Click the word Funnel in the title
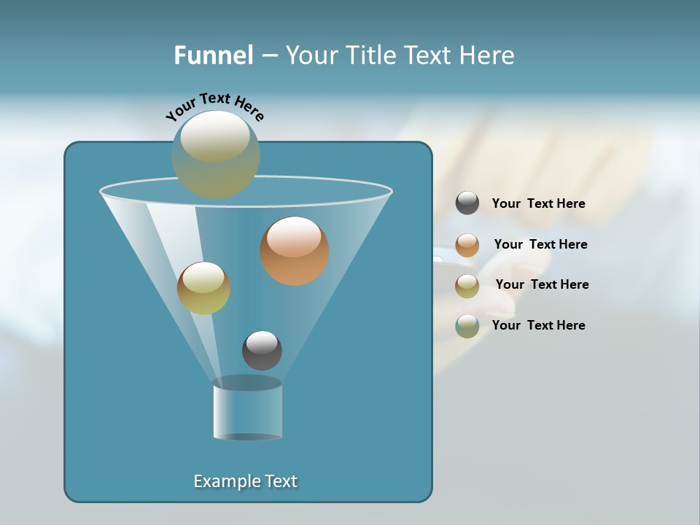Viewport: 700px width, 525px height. click(x=213, y=55)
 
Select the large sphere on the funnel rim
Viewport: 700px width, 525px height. click(x=216, y=155)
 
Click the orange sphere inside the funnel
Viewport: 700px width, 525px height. click(x=295, y=252)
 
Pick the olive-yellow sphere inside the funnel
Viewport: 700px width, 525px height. click(x=204, y=288)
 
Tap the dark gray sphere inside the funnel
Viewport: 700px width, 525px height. click(x=262, y=350)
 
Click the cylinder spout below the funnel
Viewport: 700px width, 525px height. click(x=247, y=410)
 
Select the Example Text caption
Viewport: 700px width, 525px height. click(x=246, y=481)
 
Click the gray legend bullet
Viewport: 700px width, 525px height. click(x=467, y=203)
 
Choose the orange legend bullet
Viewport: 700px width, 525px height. click(x=467, y=245)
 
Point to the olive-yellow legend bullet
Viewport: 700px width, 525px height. click(x=467, y=286)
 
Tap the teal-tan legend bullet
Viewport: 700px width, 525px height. click(x=467, y=326)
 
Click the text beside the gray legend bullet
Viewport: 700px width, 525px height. click(x=538, y=204)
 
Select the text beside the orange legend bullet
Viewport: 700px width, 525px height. click(x=540, y=245)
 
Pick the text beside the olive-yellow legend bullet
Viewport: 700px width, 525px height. click(x=542, y=285)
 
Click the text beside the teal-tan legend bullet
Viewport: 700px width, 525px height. click(x=538, y=326)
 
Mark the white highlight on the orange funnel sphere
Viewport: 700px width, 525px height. click(x=294, y=237)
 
